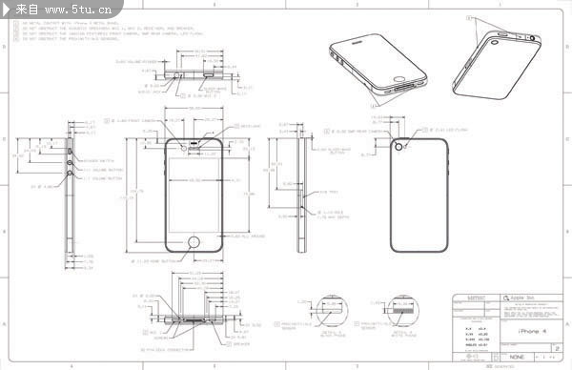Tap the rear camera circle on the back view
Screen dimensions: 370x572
click(x=399, y=146)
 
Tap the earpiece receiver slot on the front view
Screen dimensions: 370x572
click(x=195, y=145)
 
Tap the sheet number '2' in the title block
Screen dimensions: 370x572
click(x=556, y=349)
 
